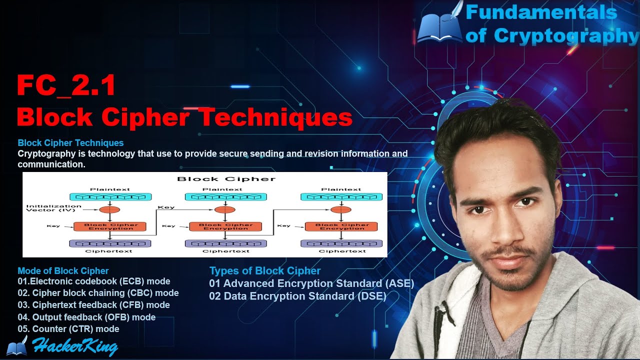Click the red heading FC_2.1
[x=66, y=85]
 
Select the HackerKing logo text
[x=75, y=346]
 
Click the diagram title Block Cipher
[x=226, y=178]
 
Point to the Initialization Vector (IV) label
[x=53, y=207]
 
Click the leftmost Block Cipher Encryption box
[x=110, y=226]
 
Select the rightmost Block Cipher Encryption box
[x=341, y=226]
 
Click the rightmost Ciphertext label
[x=342, y=251]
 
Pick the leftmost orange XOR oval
[x=109, y=209]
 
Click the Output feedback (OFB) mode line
[x=86, y=317]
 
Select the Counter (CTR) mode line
[x=68, y=329]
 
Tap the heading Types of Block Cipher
[x=265, y=271]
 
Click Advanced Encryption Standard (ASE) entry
[x=311, y=283]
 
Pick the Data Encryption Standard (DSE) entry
[x=297, y=296]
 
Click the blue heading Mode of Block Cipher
[x=63, y=271]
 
